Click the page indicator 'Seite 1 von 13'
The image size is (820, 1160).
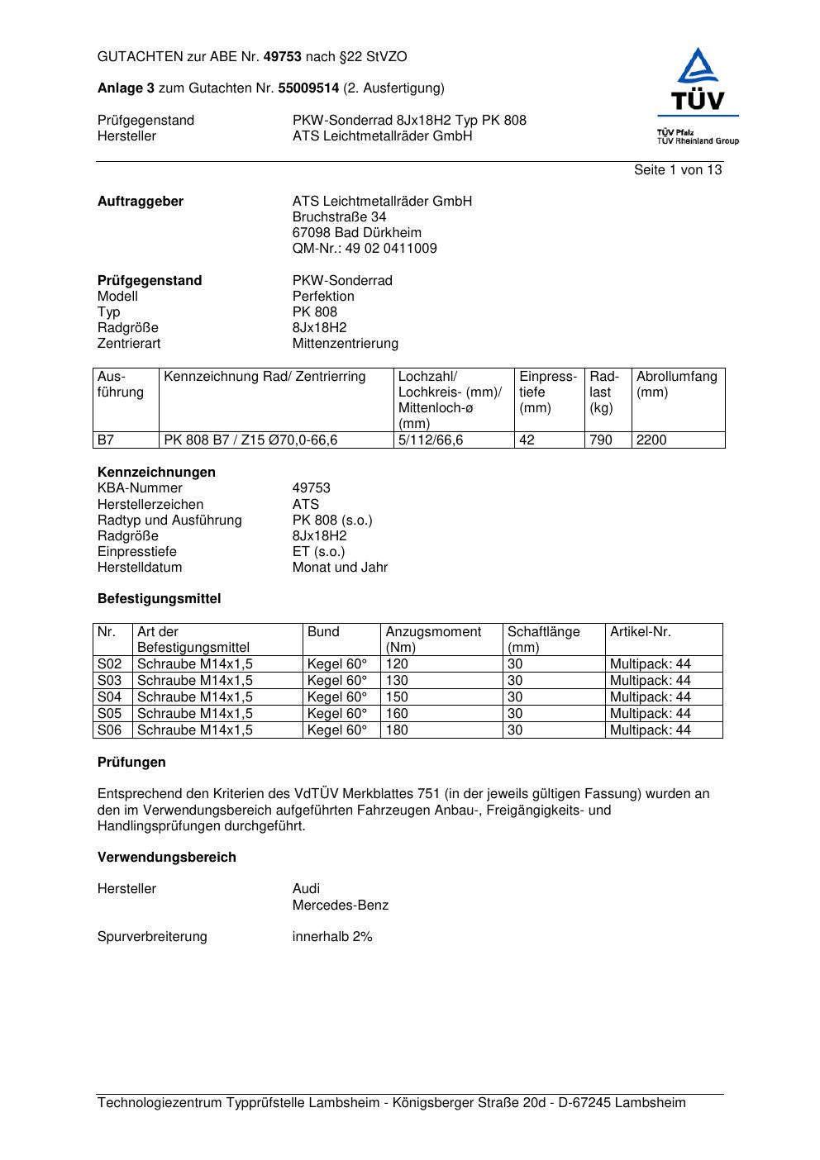click(x=677, y=170)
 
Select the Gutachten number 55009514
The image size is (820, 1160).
click(x=308, y=88)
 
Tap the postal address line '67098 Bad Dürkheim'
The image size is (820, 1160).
click(x=356, y=233)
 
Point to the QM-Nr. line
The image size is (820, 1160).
click(x=365, y=249)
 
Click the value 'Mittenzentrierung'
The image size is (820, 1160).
click(x=345, y=344)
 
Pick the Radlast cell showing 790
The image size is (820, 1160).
click(x=601, y=440)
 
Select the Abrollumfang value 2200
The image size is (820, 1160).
click(x=651, y=440)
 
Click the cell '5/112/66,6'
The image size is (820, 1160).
click(x=431, y=440)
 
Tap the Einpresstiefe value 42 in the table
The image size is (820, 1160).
click(x=527, y=440)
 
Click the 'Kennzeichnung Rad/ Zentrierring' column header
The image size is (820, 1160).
click(x=265, y=378)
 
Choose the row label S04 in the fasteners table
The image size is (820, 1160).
click(x=110, y=697)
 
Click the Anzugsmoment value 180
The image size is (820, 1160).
click(x=397, y=730)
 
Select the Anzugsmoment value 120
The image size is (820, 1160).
click(x=397, y=664)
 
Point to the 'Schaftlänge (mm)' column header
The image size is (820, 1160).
click(x=543, y=639)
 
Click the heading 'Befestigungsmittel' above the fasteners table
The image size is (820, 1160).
click(x=159, y=599)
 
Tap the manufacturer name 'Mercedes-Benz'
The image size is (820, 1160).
click(x=340, y=906)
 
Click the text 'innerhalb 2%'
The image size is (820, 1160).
click(x=332, y=937)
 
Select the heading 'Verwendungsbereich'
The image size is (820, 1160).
click(x=166, y=858)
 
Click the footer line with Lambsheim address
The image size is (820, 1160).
click(x=391, y=1103)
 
